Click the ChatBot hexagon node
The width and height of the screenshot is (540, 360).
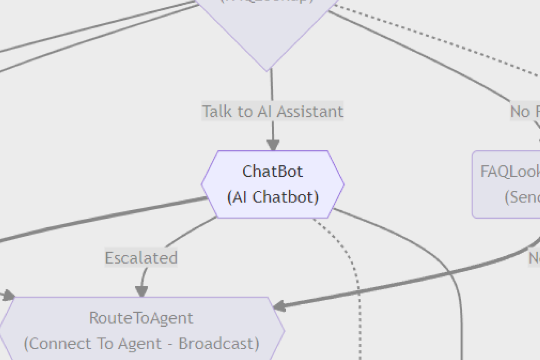tap(273, 184)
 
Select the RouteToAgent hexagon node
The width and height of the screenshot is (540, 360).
tap(141, 331)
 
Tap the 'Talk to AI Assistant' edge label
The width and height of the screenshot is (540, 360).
tap(272, 111)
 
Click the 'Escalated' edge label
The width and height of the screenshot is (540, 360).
tap(141, 258)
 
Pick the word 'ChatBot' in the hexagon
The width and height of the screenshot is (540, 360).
tap(273, 171)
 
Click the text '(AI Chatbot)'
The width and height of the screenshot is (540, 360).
tap(273, 197)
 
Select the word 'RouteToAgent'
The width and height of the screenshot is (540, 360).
tap(141, 318)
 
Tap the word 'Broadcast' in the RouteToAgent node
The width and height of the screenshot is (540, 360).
tap(219, 344)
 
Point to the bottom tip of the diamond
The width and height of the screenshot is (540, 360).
tap(267, 70)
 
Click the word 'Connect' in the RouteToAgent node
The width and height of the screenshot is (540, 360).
tap(56, 344)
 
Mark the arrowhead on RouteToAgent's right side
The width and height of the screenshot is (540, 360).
tap(279, 307)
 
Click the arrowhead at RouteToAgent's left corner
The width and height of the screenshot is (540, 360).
tap(9, 296)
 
